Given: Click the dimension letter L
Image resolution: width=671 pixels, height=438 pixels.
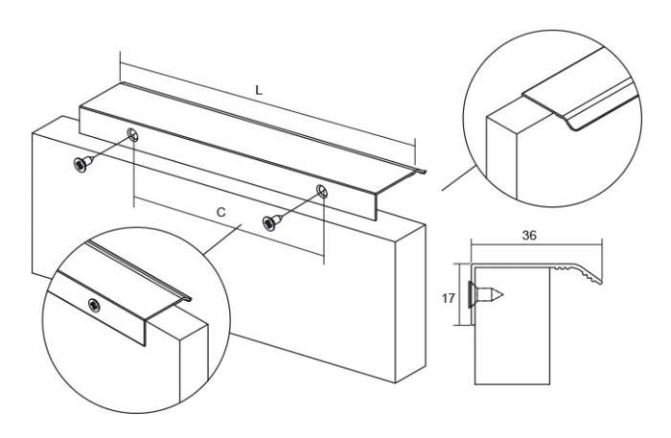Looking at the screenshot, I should point(259,89).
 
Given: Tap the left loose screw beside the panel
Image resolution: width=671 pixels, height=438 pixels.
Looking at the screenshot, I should point(81,164).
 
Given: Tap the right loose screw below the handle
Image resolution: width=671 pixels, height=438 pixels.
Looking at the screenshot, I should point(272,221).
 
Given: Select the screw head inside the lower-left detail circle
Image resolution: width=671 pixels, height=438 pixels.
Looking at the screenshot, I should point(94,305).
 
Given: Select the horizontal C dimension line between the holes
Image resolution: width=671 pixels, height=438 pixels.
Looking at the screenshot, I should point(230,229).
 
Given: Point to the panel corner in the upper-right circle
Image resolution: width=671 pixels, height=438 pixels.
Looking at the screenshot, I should point(490,118).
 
